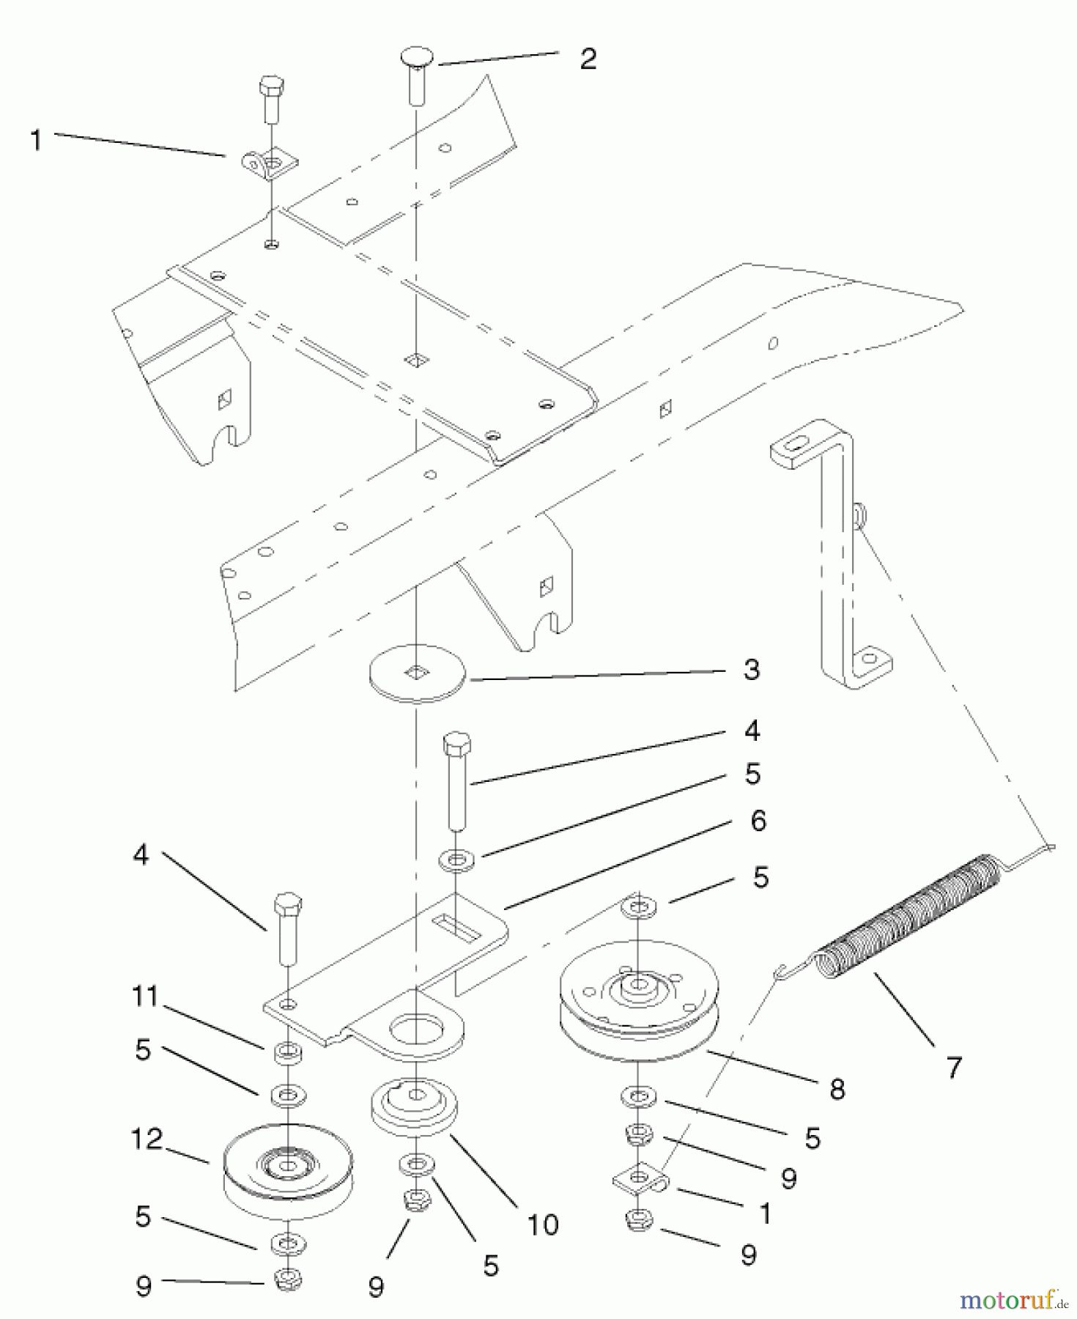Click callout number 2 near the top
tap(588, 59)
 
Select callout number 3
tap(751, 670)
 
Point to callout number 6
tap(758, 821)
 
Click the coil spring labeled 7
tap(908, 916)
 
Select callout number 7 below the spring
tap(953, 1067)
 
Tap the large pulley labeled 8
tap(640, 1004)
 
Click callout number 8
tap(837, 1089)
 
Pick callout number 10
tap(543, 1224)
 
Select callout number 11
tap(145, 997)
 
